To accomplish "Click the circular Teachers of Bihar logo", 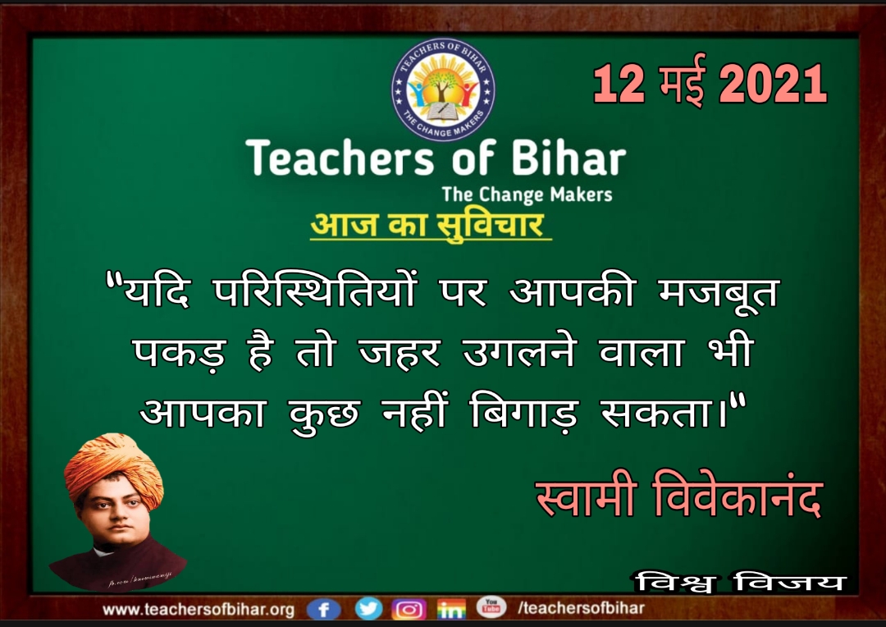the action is click(444, 89).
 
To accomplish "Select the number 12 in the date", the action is click(619, 84).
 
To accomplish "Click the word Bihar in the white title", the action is click(569, 158).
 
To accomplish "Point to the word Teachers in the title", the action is click(340, 158).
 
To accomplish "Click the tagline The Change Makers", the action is click(527, 195).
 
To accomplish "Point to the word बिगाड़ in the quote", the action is click(523, 412).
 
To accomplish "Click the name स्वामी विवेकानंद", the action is click(678, 496).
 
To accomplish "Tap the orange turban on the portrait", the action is click(113, 466).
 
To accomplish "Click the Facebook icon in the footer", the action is click(323, 610).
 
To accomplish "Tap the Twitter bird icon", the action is click(368, 609).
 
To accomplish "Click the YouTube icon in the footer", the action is click(491, 606).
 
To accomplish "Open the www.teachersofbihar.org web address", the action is click(199, 610).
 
